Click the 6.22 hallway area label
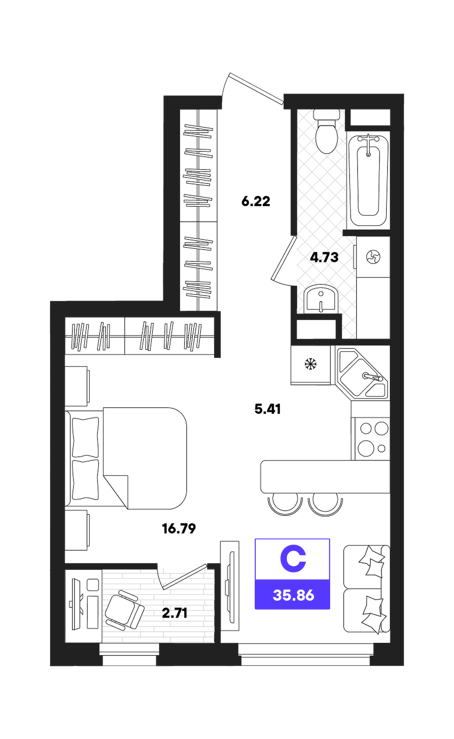tap(256, 201)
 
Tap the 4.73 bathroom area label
tap(324, 257)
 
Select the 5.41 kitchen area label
tap(268, 409)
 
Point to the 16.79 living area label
tap(179, 529)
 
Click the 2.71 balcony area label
tap(175, 613)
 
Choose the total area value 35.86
tap(293, 595)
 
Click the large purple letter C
tap(293, 559)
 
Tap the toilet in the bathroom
tap(326, 131)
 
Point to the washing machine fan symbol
tap(373, 256)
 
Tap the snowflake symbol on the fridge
tap(310, 364)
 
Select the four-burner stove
tap(371, 438)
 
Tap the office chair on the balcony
tap(125, 609)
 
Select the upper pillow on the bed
tap(85, 437)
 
